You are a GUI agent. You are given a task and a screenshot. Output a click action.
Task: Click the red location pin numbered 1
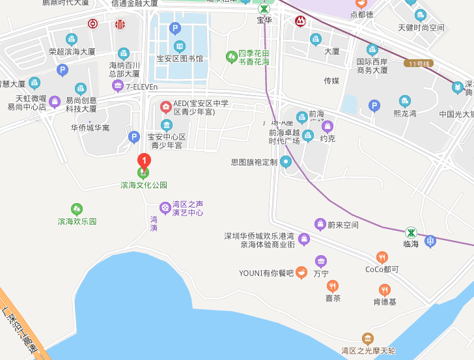pos(143,159)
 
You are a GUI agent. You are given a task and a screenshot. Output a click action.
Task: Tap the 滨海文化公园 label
pos(144,185)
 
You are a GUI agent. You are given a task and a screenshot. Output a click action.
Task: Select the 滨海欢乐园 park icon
pos(77,209)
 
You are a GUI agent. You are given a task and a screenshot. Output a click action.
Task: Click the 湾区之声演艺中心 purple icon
pos(165,208)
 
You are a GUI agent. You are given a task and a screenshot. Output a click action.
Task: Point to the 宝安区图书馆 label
pos(179,59)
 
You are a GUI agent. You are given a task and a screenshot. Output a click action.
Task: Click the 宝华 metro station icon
pos(264,9)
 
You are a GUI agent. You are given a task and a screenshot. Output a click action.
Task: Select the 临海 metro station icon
pos(411,232)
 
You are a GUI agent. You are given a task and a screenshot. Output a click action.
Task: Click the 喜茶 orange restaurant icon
pos(333,286)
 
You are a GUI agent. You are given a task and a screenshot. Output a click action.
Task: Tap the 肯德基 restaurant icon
pos(385,290)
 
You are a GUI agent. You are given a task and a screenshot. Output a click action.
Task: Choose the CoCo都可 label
pos(382,269)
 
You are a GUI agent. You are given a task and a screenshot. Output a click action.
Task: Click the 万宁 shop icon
pos(321,261)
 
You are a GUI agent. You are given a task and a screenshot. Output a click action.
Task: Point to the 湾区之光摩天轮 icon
pos(368,338)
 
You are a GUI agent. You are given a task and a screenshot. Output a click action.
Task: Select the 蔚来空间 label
pos(343,225)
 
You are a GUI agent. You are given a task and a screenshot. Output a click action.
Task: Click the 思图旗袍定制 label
pos(254,162)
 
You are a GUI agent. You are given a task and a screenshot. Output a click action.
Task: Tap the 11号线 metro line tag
pos(418,63)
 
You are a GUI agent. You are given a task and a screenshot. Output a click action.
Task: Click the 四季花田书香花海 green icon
pos(231,57)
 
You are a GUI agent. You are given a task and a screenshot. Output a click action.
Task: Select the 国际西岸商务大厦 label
pos(372,66)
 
